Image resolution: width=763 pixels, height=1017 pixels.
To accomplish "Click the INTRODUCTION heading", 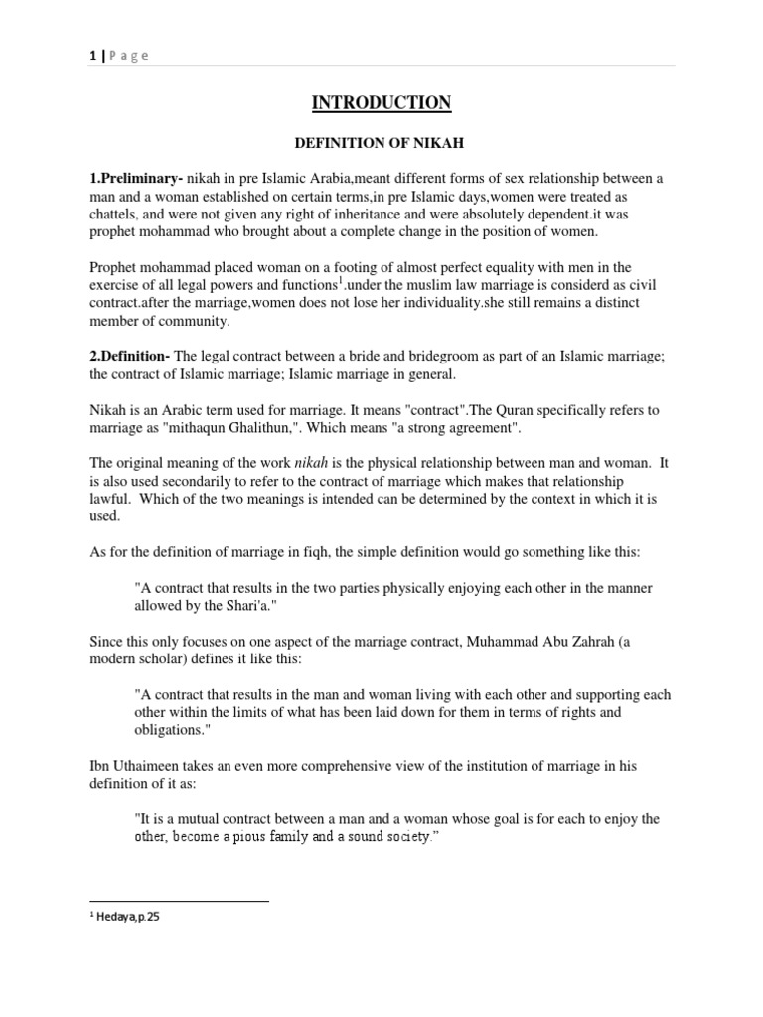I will point(382,103).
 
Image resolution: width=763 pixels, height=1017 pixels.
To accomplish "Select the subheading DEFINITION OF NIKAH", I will point(382,144).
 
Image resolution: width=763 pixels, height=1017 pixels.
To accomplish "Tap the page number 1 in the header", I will point(91,56).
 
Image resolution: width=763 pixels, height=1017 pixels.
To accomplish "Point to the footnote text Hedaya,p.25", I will point(127,918).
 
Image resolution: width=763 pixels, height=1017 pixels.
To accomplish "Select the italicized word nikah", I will point(310,435).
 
